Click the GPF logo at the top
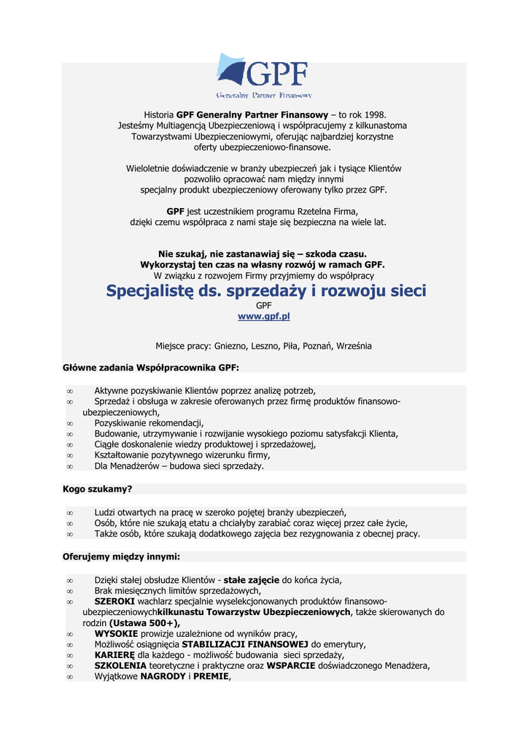pos(263,76)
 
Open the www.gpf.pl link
pos(263,317)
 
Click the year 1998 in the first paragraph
pos(371,115)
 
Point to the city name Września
pos(354,346)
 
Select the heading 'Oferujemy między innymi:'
pos(121,557)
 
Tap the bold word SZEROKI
pos(115,601)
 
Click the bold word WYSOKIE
pos(116,633)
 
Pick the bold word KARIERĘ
pos(115,654)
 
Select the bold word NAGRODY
pos(163,676)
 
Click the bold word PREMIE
pos(211,676)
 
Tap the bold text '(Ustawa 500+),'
pos(144,623)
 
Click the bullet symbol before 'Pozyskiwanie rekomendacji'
pos(70,423)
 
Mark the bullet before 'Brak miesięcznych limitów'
pos(70,591)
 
